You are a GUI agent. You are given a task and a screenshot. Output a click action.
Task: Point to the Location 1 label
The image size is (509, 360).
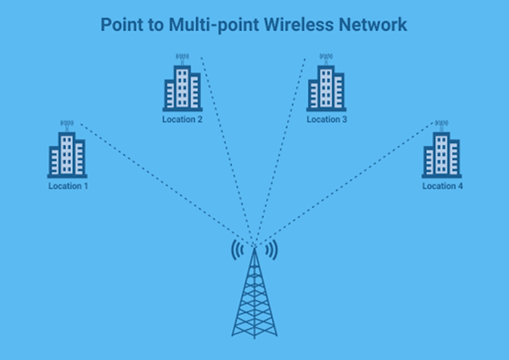tap(68, 186)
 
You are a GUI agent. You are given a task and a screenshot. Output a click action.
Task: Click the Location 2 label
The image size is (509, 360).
tap(182, 119)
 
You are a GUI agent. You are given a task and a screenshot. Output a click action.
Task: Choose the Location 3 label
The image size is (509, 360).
tap(327, 119)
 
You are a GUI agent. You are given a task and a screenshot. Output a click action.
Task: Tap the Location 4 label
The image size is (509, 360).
tap(442, 186)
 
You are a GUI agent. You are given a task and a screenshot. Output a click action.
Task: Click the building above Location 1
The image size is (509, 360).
tap(67, 155)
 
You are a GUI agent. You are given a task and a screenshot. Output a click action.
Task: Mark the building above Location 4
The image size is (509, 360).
tap(441, 155)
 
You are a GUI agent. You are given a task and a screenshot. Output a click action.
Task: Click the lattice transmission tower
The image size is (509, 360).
tap(254, 298)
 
